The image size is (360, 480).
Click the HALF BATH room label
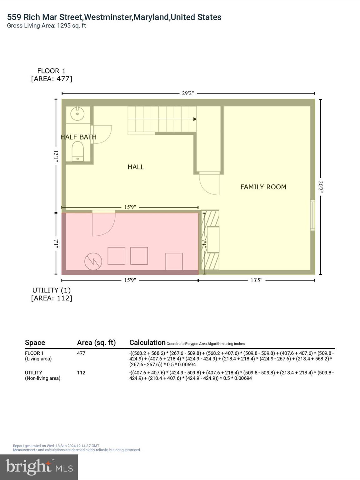(78, 137)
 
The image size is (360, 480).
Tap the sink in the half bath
(77, 114)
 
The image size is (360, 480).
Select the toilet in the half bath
(77, 151)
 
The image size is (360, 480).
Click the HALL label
(136, 167)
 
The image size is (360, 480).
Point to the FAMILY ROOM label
(263, 187)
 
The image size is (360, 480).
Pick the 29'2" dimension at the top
(188, 93)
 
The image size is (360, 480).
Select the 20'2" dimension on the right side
(320, 187)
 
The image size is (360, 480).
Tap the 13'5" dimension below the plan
(256, 280)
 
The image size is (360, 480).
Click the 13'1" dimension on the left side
(56, 156)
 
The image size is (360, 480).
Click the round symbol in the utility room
(93, 261)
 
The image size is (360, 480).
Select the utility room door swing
(103, 224)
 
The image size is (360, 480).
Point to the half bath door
(102, 134)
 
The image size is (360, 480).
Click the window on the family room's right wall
(312, 216)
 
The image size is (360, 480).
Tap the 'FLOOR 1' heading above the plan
(52, 71)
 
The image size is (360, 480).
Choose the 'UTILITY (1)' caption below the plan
(52, 290)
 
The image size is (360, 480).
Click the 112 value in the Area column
(81, 372)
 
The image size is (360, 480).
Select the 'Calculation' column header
(147, 342)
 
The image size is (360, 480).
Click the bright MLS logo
(39, 467)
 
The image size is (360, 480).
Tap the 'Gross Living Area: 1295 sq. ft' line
(47, 26)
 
